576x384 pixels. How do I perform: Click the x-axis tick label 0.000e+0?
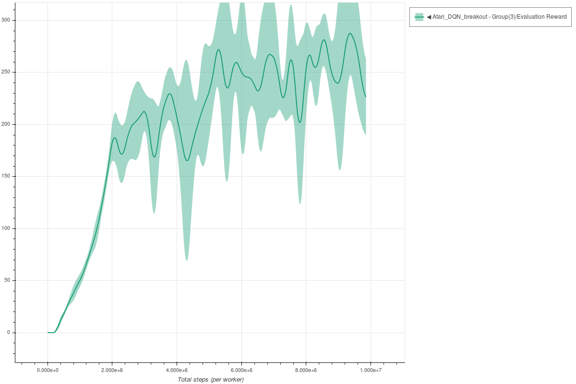48,371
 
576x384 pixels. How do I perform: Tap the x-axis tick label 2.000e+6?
112,371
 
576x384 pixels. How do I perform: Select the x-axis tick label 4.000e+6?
177,371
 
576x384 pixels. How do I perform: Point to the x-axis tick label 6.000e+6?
241,371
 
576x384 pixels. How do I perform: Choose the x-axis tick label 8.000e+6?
306,371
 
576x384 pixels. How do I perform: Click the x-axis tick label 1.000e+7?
371,371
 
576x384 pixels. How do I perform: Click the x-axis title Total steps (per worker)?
211,380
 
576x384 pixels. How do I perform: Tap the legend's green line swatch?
419,17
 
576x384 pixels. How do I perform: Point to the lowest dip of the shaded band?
187,260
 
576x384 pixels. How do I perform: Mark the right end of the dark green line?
366,97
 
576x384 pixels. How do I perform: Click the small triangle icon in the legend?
429,17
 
